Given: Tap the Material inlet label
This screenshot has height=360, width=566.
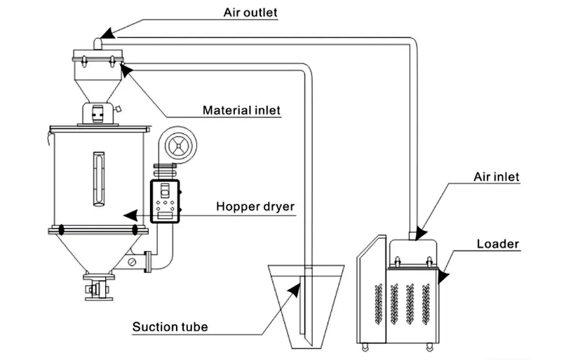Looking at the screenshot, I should [x=241, y=110].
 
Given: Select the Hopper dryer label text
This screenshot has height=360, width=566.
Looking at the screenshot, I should [x=255, y=206].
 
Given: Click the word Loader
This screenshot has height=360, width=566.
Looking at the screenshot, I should [x=497, y=244].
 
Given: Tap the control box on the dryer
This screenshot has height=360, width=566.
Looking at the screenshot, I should [x=166, y=201].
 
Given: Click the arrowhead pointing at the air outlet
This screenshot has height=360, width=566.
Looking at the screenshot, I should [x=104, y=34].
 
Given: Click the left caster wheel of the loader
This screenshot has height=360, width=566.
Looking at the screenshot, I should [x=365, y=346].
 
